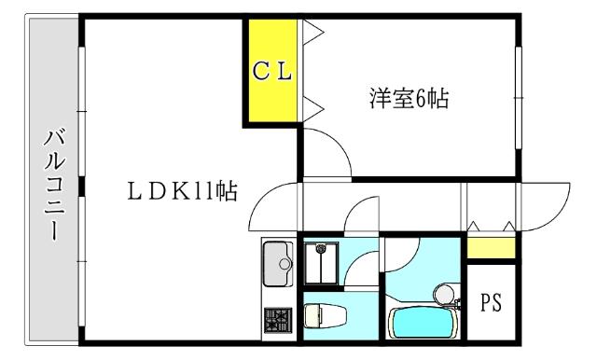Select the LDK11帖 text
pos(181,193)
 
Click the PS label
pos(491,303)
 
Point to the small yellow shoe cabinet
pos(491,248)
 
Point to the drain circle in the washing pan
pos(322,250)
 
